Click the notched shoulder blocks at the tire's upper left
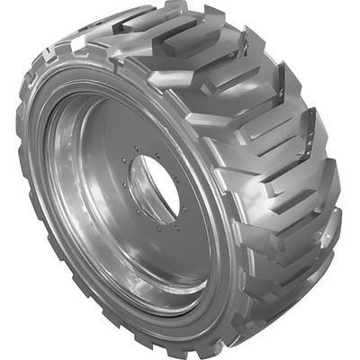click(x=63, y=45)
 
